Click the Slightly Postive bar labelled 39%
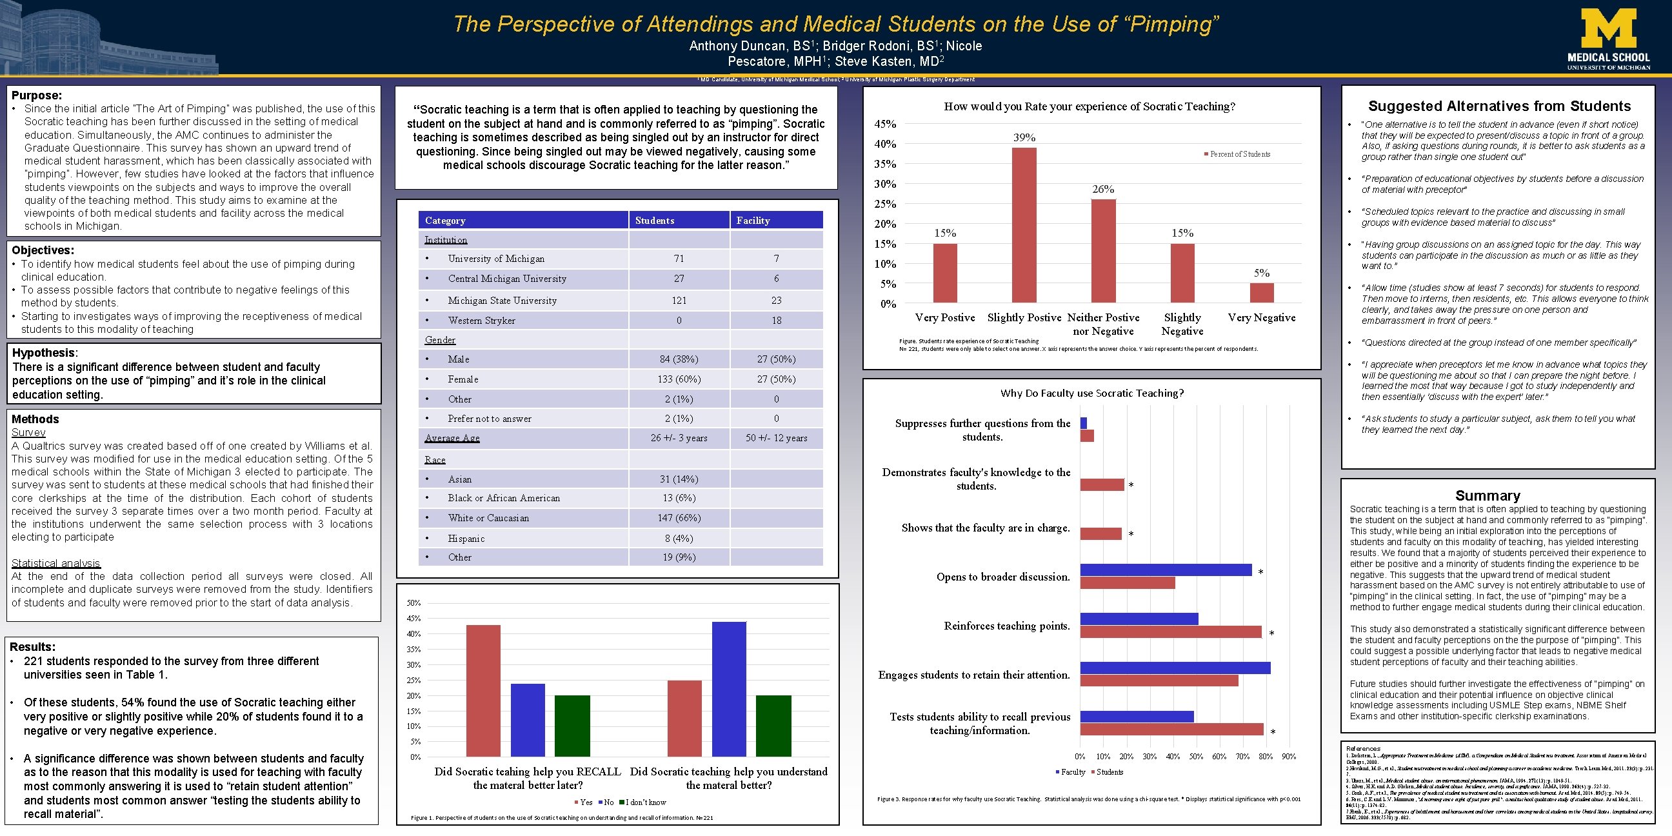point(1024,225)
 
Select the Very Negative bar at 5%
point(1261,293)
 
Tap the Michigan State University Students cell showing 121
point(679,301)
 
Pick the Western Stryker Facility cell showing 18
point(776,321)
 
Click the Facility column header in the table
point(753,221)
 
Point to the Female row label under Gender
point(463,379)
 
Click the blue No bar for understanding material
point(729,689)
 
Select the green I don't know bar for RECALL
point(572,726)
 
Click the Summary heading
point(1487,495)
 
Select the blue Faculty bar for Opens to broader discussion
point(1166,570)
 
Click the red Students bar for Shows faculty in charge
point(1101,533)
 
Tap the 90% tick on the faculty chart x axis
point(1288,756)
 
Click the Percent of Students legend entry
point(1239,154)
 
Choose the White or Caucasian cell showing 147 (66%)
point(679,518)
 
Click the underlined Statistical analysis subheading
point(56,563)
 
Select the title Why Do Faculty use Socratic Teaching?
point(1091,393)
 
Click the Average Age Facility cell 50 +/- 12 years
point(776,438)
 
